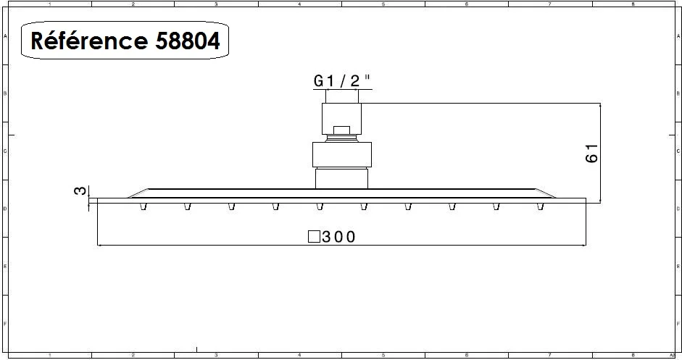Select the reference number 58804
click(187, 42)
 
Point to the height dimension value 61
click(591, 153)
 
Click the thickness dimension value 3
click(81, 191)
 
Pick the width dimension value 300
click(339, 237)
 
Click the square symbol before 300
click(314, 237)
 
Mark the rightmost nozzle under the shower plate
click(540, 208)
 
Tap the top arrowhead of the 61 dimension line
click(601, 106)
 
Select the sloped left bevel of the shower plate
click(138, 193)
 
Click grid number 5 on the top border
click(383, 4)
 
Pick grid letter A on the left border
click(5, 35)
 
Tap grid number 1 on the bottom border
click(49, 356)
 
